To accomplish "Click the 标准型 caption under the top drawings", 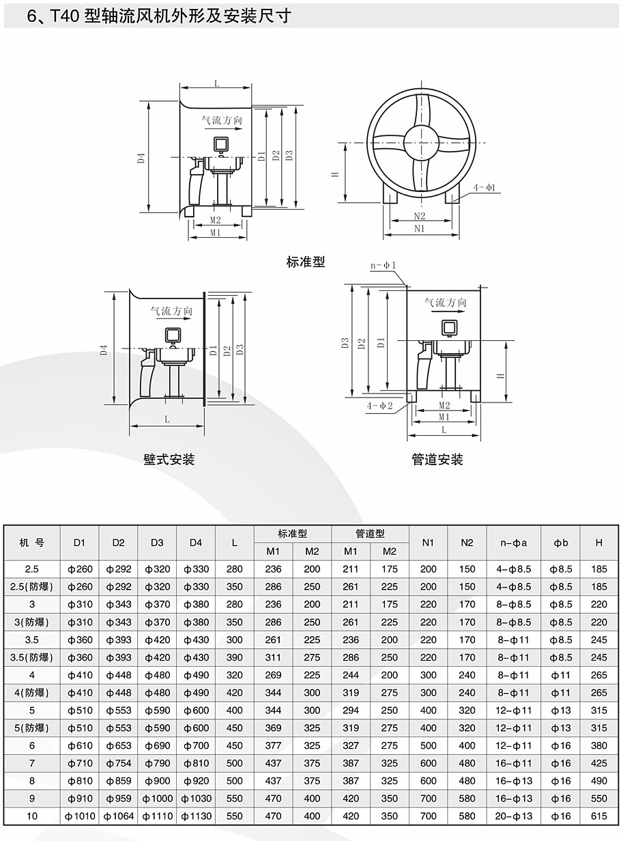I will tap(306, 262).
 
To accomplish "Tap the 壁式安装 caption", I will tap(169, 460).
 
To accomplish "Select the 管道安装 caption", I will tap(437, 460).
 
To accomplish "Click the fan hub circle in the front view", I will tap(419, 143).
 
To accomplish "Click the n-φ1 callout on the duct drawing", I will tap(384, 265).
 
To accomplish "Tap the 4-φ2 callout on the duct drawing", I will tap(380, 406).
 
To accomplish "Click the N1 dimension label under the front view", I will tap(419, 230).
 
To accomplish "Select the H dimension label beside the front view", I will tap(335, 174).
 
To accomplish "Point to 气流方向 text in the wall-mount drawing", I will tap(171, 311).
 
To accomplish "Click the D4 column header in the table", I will tap(196, 543).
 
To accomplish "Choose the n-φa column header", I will tap(514, 543).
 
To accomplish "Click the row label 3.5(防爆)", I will tap(32, 657).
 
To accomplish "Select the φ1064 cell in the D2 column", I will tap(118, 816).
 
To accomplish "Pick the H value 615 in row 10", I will tap(598, 816).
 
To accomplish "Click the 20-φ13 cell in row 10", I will tap(514, 816).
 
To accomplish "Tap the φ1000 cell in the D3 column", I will tap(157, 799).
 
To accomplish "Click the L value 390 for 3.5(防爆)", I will tap(235, 657).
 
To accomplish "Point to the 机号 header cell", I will tap(32, 543).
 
